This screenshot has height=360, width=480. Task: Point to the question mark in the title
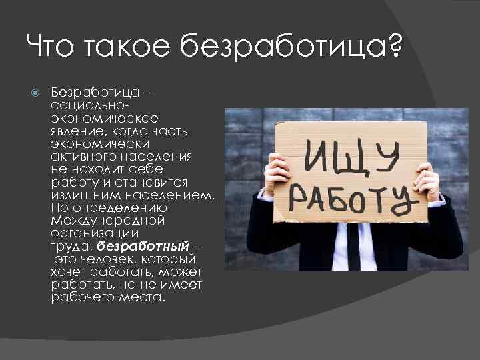[395, 49]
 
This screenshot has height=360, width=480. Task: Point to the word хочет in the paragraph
[68, 273]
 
